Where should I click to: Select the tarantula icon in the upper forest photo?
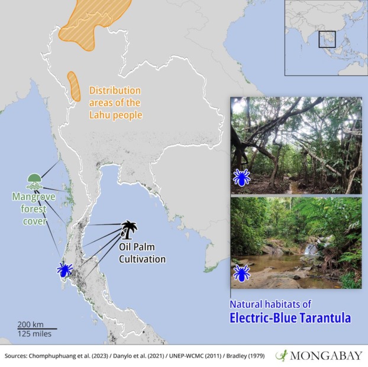pos(241,177)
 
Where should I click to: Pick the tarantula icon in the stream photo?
pos(241,273)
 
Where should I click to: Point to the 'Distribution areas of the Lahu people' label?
pos(115,103)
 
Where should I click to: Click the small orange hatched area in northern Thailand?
pos(74,86)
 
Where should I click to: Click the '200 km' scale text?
pos(31,324)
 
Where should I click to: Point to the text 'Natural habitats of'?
pos(270,304)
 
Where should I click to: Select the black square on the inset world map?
pos(327,39)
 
